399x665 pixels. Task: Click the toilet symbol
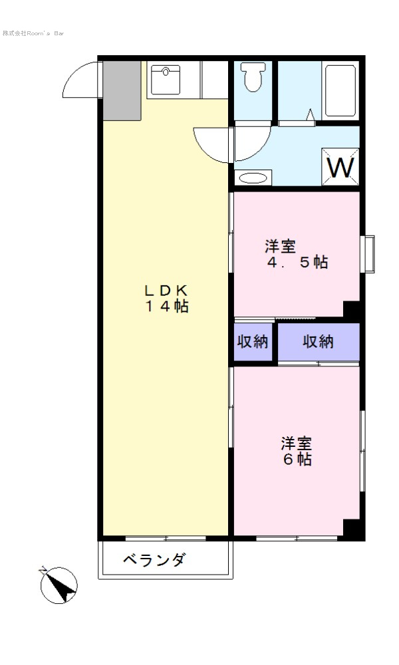coord(253,76)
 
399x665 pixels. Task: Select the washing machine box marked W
coord(340,167)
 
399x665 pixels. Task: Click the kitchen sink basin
coord(166,80)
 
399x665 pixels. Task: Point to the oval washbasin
coord(253,178)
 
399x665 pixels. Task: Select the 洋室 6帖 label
coord(297,452)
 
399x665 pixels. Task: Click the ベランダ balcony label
coord(154,560)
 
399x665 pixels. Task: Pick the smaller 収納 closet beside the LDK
coord(253,341)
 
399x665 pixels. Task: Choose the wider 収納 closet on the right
coord(319,341)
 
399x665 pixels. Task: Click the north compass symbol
coord(59,585)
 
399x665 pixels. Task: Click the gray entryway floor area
coord(122,90)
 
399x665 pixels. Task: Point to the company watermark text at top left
coord(33,33)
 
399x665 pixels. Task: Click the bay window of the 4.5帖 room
coord(368,254)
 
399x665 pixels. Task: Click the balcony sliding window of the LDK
coord(166,538)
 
